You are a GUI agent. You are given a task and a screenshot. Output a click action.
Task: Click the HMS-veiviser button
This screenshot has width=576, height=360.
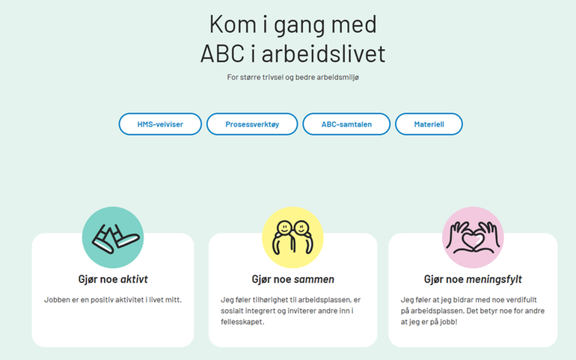click(160, 124)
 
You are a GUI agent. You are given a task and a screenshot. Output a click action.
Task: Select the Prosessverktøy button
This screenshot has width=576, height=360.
click(252, 124)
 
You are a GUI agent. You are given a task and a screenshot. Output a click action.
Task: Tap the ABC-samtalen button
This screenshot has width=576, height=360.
click(346, 124)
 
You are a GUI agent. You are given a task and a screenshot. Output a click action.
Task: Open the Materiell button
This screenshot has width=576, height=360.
click(429, 124)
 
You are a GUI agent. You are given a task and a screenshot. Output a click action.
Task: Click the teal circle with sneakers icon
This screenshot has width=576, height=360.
click(113, 237)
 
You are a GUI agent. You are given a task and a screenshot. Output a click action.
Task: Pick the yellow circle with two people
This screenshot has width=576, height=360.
click(292, 237)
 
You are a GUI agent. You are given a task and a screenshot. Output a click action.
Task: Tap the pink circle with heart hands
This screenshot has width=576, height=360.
click(473, 237)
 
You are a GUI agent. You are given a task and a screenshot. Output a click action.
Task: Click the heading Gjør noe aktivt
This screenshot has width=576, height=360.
click(113, 279)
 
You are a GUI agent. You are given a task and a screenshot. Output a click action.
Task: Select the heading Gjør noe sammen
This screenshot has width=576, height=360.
click(292, 279)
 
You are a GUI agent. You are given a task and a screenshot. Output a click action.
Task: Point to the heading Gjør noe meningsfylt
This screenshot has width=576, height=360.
click(473, 279)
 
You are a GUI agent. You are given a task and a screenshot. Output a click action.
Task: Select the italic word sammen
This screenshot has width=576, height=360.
click(313, 279)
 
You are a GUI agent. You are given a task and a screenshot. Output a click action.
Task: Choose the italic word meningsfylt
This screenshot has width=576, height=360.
click(494, 279)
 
